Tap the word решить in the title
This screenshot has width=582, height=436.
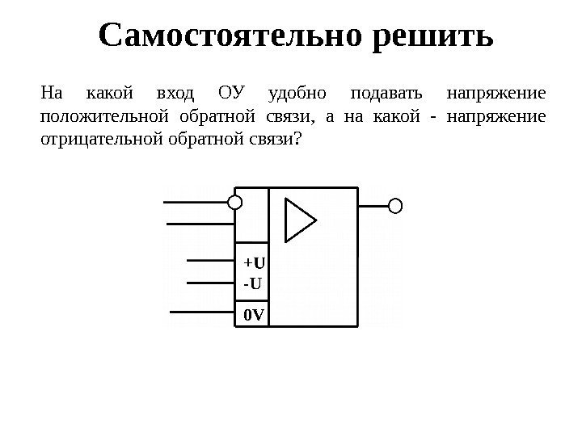coord(434,36)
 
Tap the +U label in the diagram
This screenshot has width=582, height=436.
coord(254,263)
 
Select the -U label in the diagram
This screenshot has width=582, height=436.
coord(252,283)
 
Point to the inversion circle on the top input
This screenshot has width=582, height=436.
coord(235,202)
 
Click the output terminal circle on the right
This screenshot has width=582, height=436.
coord(395,206)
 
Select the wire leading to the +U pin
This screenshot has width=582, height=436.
coord(210,261)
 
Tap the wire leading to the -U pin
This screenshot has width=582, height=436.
coord(210,282)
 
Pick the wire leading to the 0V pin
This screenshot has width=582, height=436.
coord(202,310)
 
